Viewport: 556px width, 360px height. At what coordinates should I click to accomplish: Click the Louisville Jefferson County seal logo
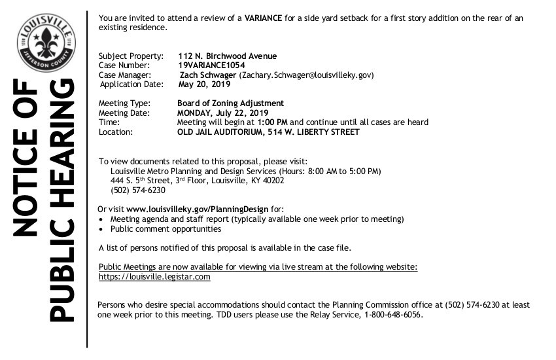tap(46, 44)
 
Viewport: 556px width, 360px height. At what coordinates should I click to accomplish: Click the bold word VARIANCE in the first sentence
tap(264, 18)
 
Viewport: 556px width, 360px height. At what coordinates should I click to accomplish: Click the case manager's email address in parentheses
tap(306, 75)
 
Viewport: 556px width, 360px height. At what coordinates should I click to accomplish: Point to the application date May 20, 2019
tap(204, 84)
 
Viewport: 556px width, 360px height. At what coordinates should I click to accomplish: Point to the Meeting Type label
tap(124, 103)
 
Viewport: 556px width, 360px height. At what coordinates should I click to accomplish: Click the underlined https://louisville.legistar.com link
tap(154, 277)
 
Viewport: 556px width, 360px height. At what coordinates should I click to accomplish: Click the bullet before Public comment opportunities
tap(101, 230)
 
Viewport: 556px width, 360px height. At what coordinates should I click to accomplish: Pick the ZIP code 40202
tap(271, 181)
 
